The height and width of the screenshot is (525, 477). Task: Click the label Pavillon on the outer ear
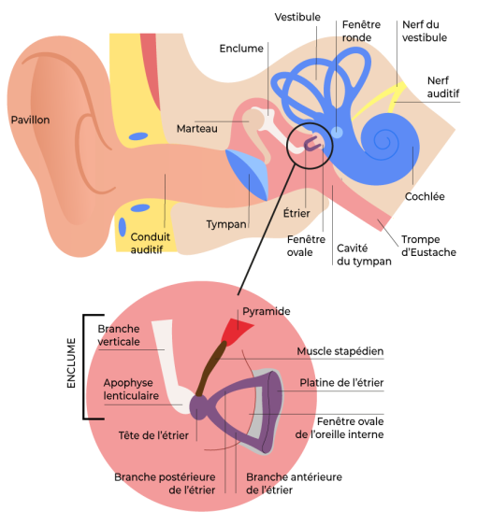(30, 120)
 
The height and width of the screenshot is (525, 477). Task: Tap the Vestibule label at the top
(297, 17)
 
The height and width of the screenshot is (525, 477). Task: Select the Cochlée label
(425, 196)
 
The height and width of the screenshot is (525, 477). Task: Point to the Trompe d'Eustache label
(428, 246)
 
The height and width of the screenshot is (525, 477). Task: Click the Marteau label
(197, 129)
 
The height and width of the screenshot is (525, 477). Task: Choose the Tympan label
(226, 224)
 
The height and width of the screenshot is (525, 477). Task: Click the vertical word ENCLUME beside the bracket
(71, 363)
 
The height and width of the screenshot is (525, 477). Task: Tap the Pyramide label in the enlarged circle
(267, 311)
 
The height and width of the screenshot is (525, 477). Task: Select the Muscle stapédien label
(340, 351)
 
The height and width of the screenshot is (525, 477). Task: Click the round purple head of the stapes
(199, 406)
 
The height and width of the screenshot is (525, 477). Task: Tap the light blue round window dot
(337, 133)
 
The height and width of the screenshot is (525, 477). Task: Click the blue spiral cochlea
(389, 144)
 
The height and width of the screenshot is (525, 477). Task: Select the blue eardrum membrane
(247, 174)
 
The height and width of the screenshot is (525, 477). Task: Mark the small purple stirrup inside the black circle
(312, 144)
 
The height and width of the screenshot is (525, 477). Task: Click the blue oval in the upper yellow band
(138, 136)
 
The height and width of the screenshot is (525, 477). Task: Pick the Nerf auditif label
(442, 87)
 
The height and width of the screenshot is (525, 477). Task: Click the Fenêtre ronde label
(361, 31)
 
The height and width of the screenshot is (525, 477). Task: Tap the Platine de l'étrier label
(341, 383)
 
